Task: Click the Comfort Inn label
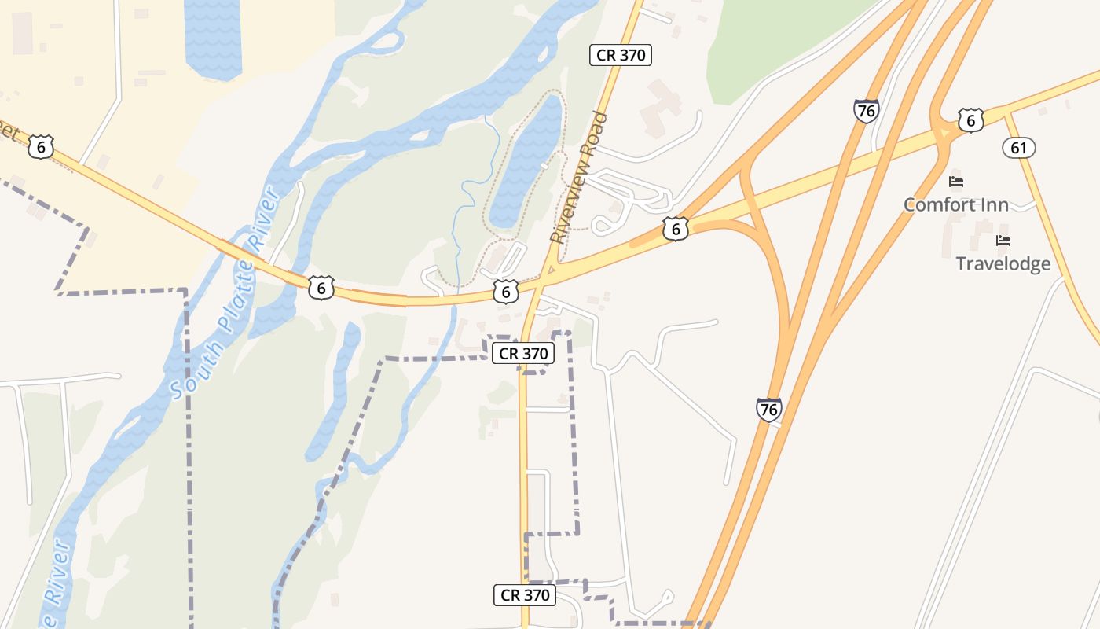(x=955, y=205)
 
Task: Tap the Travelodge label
(x=1003, y=263)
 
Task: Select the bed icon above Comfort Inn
(x=956, y=182)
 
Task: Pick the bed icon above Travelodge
(x=1003, y=241)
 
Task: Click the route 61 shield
(x=1019, y=147)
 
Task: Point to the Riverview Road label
(x=579, y=177)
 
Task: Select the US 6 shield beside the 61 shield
(x=971, y=120)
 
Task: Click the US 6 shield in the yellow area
(x=41, y=146)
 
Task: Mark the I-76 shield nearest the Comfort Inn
(x=866, y=111)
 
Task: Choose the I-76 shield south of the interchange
(x=769, y=409)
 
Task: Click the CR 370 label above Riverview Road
(x=621, y=55)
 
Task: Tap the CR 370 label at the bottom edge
(x=525, y=595)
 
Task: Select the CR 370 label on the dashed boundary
(x=523, y=354)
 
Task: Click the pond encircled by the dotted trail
(x=526, y=161)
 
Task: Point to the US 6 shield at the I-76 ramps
(x=676, y=229)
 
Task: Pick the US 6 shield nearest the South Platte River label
(x=321, y=288)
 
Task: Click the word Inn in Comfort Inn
(x=992, y=205)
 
